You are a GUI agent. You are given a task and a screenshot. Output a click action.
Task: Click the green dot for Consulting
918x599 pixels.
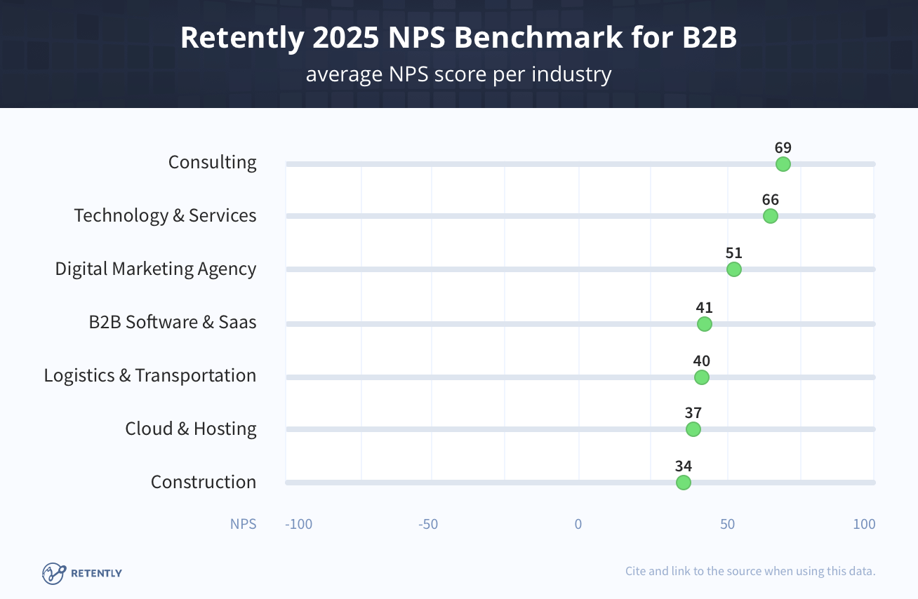(783, 164)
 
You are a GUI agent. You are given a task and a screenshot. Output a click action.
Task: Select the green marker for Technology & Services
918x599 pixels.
(771, 216)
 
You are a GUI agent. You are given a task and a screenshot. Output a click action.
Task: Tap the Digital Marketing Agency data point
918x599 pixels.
(734, 269)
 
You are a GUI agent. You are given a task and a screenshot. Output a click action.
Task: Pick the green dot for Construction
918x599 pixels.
(684, 483)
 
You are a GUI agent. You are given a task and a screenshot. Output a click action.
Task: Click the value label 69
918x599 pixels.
(783, 148)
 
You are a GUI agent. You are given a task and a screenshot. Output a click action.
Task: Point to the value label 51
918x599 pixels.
(734, 253)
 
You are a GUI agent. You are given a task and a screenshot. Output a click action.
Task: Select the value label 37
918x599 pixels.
(693, 413)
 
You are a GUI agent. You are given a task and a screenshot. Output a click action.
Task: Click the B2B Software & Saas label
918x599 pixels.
(173, 322)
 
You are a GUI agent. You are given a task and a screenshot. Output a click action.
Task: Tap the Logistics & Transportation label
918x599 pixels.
(150, 375)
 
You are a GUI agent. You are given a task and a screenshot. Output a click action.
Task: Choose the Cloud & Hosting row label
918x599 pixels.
(191, 429)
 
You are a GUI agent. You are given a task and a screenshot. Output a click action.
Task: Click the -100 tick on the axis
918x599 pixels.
(298, 524)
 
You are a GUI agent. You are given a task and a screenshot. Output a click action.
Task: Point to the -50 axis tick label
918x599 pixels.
(428, 524)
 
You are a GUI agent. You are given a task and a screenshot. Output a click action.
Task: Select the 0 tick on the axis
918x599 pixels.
(578, 524)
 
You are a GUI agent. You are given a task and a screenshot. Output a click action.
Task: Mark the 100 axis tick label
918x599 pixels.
(864, 524)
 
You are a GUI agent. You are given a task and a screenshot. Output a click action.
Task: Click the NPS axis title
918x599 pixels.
(243, 524)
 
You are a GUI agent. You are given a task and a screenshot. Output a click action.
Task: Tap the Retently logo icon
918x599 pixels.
(54, 573)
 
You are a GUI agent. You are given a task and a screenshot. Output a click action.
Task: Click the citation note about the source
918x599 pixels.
(750, 571)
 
